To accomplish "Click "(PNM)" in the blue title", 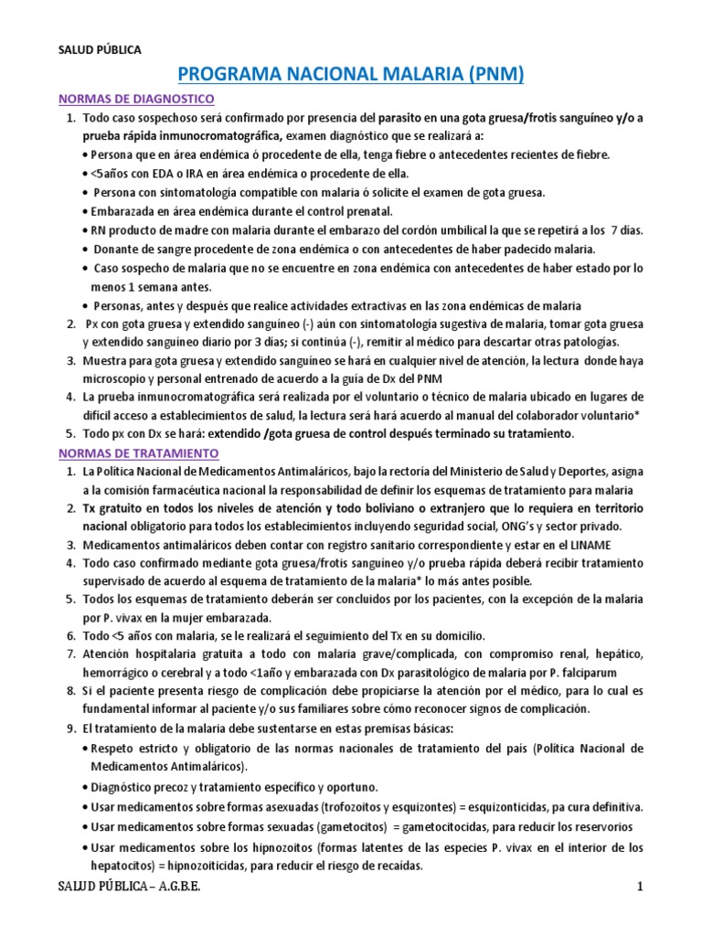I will coord(489,73).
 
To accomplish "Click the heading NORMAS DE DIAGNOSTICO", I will coord(136,98).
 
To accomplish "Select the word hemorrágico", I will coord(120,675).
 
